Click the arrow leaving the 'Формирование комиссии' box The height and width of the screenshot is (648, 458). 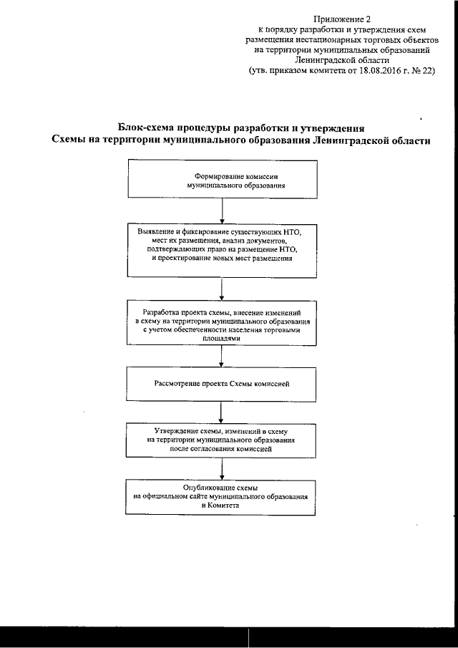coord(224,211)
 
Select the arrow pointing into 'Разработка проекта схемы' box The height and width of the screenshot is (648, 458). coord(224,288)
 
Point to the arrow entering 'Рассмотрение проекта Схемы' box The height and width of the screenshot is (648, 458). coord(224,357)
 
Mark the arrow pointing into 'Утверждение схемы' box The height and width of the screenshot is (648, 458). coord(224,412)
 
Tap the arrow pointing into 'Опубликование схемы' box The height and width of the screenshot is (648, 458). coord(224,468)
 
